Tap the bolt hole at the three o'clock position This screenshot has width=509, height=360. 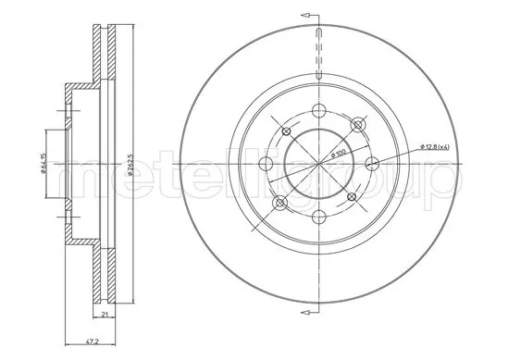point(373,164)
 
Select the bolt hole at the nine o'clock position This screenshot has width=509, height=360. point(267,164)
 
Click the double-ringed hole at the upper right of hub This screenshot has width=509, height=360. point(357,126)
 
